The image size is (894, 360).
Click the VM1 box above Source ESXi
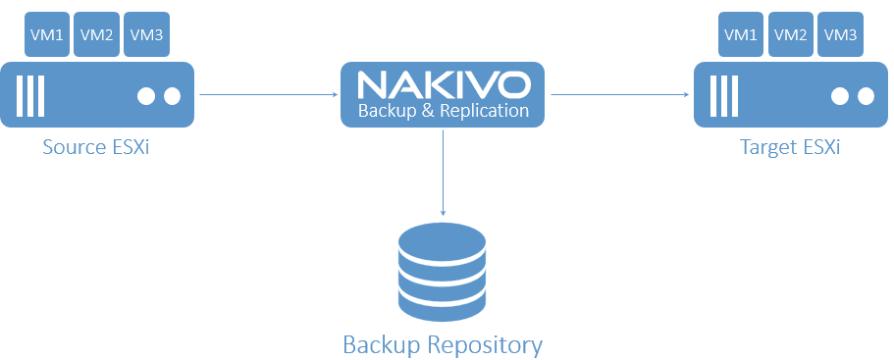(46, 35)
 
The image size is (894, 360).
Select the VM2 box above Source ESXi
(96, 35)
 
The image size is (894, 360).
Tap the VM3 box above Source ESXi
(146, 35)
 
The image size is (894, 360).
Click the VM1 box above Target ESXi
(741, 35)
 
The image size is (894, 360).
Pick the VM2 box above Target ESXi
(791, 35)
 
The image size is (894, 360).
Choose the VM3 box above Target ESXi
(841, 35)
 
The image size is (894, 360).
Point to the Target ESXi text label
(790, 148)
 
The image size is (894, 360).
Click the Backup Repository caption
(443, 345)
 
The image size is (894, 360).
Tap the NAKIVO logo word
(443, 82)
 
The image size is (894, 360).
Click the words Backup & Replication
(443, 110)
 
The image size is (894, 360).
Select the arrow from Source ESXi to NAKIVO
(268, 95)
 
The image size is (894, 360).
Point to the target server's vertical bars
(724, 95)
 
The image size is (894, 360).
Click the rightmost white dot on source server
(172, 96)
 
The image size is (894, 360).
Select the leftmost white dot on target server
(841, 96)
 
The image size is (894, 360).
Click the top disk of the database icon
(444, 238)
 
